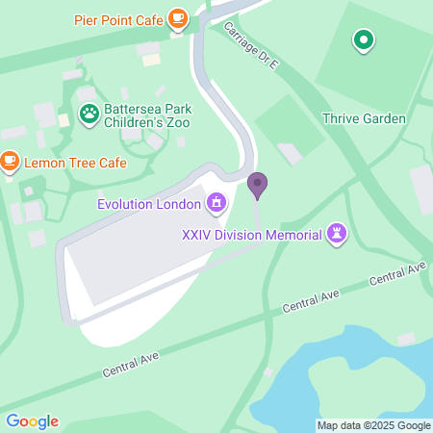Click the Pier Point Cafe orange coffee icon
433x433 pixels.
177,18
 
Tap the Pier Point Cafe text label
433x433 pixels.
119,18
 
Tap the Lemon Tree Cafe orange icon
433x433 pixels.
10,162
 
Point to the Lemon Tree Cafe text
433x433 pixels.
75,163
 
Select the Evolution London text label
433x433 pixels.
149,203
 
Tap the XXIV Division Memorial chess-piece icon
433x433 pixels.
337,233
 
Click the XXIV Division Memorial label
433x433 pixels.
253,234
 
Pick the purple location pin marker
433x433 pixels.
257,183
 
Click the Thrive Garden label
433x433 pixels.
365,118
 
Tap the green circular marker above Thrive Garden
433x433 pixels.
363,40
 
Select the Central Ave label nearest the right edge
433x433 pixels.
396,273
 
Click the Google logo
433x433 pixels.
32,421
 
